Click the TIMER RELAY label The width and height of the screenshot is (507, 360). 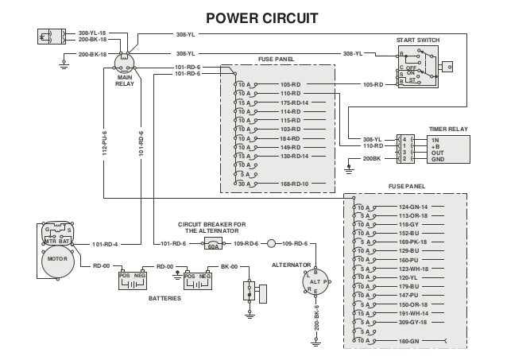[x=446, y=127]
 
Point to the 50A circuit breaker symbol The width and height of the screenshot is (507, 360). [x=213, y=243]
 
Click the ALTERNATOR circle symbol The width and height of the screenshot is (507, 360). [x=316, y=282]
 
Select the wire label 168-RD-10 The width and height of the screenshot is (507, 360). [x=294, y=184]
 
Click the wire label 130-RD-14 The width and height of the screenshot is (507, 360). [x=294, y=156]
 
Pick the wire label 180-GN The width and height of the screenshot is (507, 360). [x=408, y=341]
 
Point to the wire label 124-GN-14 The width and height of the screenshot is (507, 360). [x=412, y=207]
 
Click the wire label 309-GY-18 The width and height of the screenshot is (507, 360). [x=412, y=323]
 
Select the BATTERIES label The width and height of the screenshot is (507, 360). [x=165, y=298]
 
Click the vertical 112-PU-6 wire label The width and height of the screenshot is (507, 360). [x=104, y=136]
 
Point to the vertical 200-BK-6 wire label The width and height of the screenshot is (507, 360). [x=316, y=318]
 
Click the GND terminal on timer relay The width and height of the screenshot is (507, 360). [x=437, y=159]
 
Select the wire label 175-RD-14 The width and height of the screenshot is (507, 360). [x=294, y=103]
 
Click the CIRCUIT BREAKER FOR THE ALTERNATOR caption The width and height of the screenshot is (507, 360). [x=211, y=227]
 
